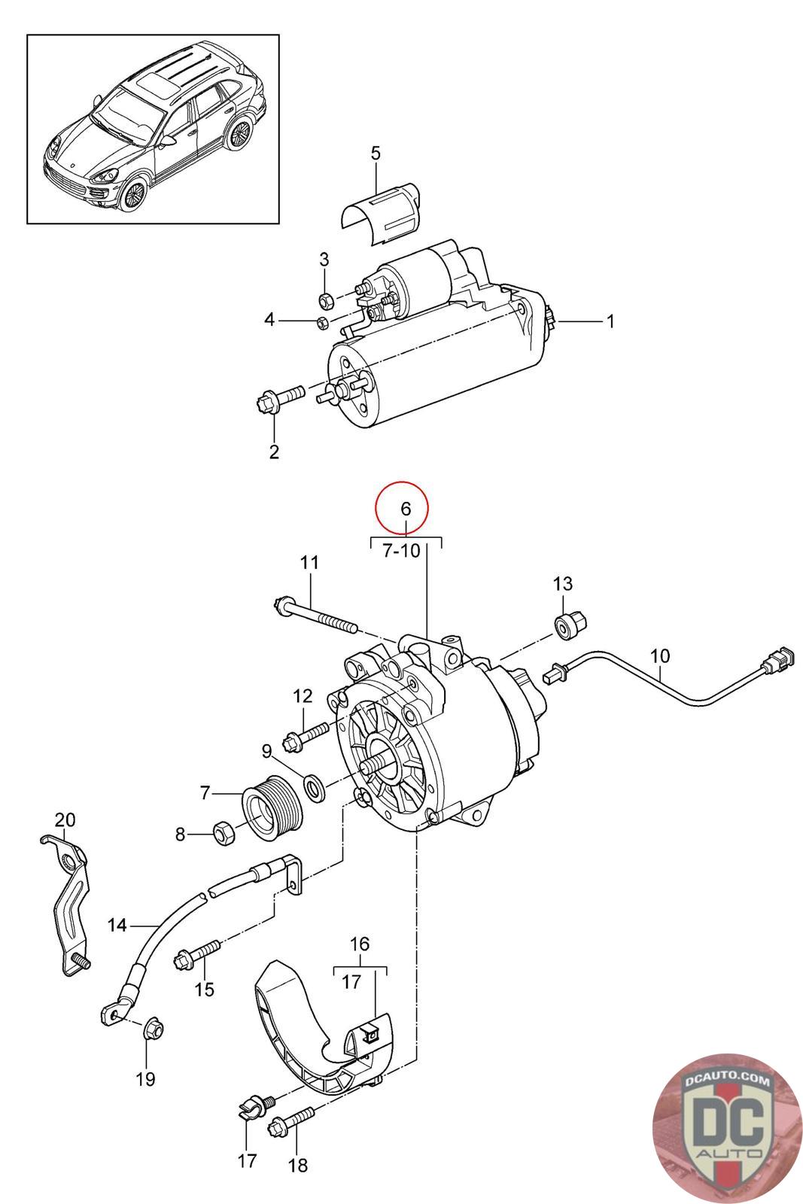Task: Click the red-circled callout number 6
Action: coord(406,508)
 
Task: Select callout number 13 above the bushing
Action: coord(563,583)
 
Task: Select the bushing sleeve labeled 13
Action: coord(570,624)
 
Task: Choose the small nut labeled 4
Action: coord(321,323)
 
